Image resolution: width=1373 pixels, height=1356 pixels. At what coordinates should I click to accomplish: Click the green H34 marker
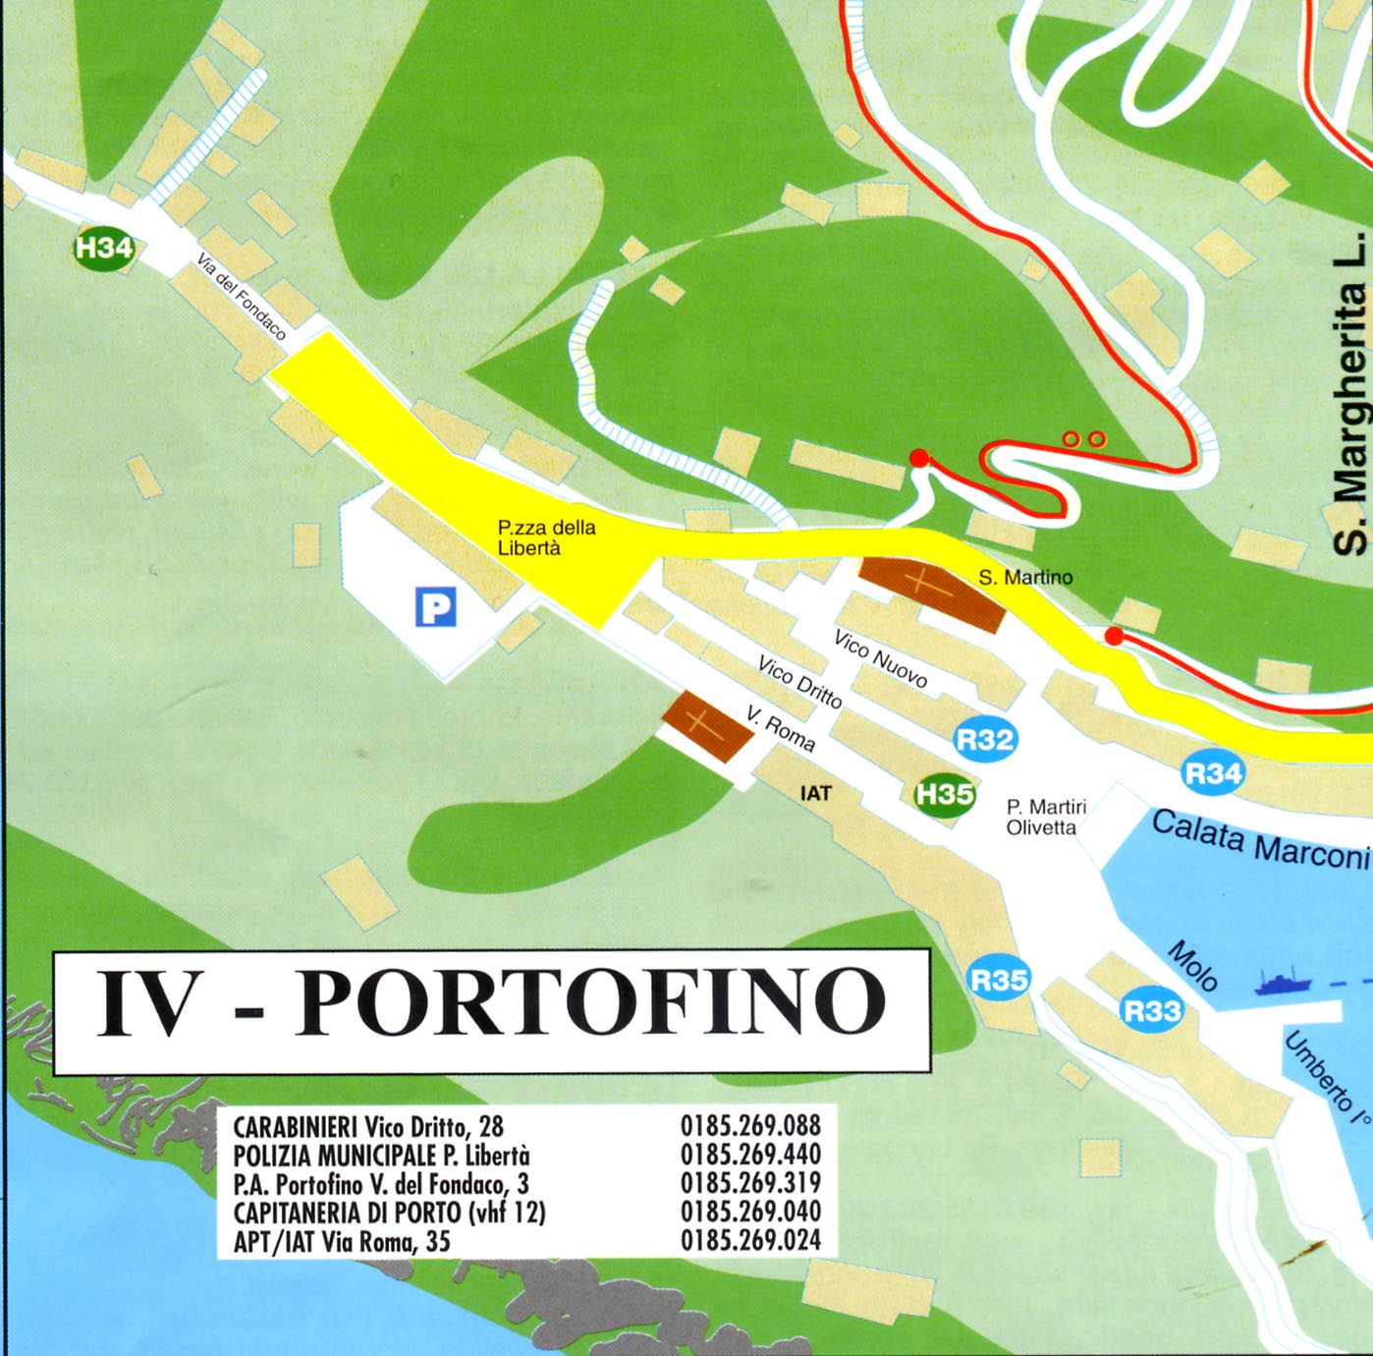(x=104, y=248)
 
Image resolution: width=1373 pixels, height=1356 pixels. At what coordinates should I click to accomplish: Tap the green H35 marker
(x=945, y=793)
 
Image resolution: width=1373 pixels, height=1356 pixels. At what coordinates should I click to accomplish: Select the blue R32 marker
(x=984, y=739)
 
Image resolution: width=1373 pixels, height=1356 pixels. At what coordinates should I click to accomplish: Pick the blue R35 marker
(x=999, y=980)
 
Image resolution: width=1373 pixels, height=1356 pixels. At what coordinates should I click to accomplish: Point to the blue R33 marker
(x=1152, y=1010)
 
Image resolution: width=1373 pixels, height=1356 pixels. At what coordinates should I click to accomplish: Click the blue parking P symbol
(x=436, y=606)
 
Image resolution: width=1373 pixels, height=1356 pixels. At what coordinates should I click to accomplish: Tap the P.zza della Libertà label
(x=545, y=537)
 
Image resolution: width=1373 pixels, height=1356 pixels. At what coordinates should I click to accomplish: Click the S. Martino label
(x=1025, y=578)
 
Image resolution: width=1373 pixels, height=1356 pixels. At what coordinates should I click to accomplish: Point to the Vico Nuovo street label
(x=880, y=658)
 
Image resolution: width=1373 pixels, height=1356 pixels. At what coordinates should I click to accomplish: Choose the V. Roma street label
(x=781, y=728)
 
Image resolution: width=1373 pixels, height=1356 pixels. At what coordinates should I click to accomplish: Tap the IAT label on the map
(x=815, y=793)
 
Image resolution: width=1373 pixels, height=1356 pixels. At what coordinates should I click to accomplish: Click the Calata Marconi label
(x=1259, y=838)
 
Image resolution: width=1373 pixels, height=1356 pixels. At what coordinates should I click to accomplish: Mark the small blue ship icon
(x=1283, y=982)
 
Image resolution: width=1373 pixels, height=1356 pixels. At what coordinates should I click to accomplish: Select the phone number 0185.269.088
(x=750, y=1125)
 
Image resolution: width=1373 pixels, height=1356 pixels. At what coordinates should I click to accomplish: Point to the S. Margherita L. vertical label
(x=1351, y=393)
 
